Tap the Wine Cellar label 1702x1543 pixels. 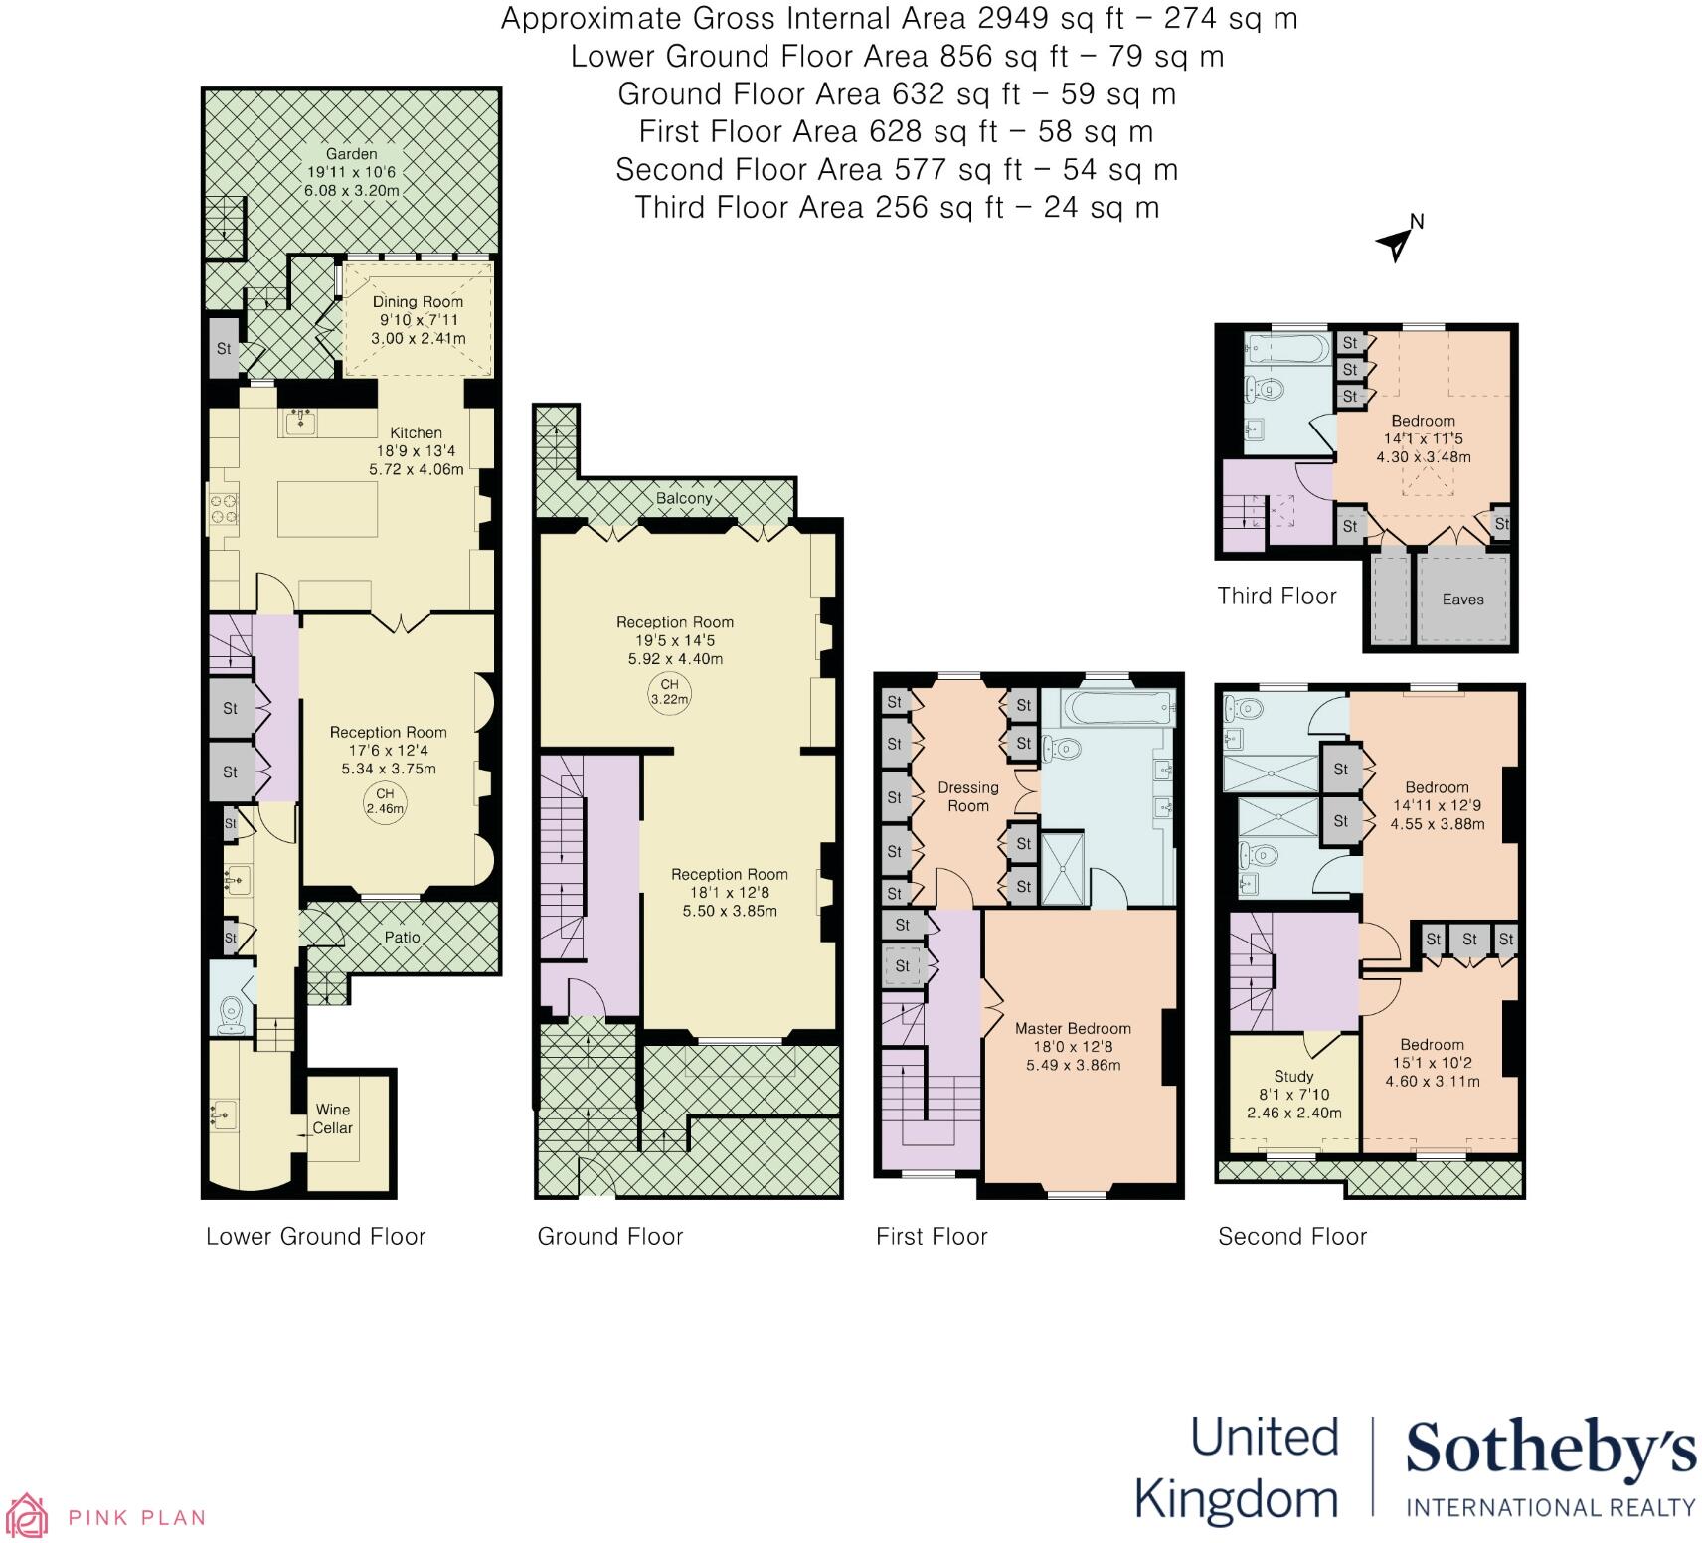coord(333,1118)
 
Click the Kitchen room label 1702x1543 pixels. coord(416,432)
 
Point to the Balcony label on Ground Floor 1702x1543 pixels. coord(684,498)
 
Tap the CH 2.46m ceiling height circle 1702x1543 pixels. coord(385,800)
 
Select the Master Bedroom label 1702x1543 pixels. coord(1073,1029)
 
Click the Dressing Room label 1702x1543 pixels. coord(968,797)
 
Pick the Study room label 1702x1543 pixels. coord(1293,1076)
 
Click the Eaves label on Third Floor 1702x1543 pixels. coord(1462,600)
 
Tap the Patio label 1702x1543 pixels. coord(402,937)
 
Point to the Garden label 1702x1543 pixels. coord(352,154)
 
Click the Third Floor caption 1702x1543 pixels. coord(1276,596)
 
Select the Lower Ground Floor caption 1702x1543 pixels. coord(315,1236)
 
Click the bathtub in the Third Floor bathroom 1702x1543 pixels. coord(1286,350)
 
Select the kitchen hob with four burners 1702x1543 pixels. coord(224,508)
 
